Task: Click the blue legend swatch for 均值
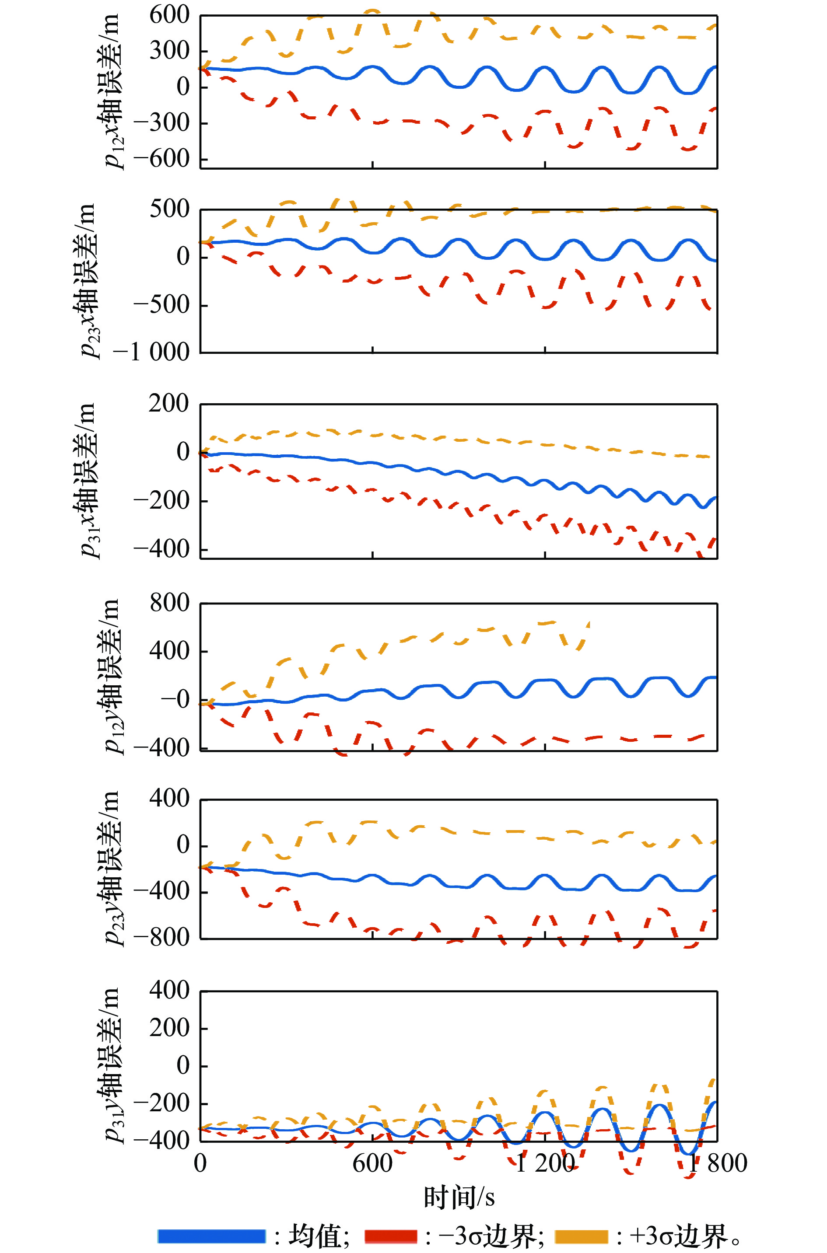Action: point(211,1236)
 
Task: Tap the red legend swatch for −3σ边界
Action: point(391,1236)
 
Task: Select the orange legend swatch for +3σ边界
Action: point(581,1236)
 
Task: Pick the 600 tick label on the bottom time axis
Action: point(372,1163)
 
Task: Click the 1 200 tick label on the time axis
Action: point(544,1163)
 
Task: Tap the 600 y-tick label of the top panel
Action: point(169,15)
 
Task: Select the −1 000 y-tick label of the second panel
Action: point(151,352)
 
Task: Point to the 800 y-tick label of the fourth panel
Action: point(169,603)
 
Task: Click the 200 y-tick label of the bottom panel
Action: point(169,1027)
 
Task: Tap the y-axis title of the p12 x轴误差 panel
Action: point(112,91)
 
